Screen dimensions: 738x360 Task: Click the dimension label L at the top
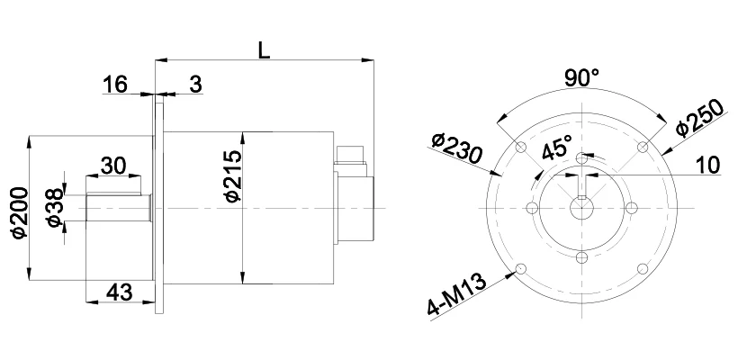[264, 49]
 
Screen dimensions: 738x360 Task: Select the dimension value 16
[115, 85]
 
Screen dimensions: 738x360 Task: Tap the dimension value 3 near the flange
[195, 85]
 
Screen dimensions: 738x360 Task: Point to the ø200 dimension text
[20, 212]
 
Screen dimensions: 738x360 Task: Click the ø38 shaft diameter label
[55, 208]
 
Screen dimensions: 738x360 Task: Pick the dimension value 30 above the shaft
[113, 166]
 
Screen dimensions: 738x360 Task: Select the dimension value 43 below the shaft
[119, 292]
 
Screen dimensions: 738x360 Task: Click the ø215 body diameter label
[233, 176]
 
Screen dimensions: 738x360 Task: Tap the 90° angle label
[581, 77]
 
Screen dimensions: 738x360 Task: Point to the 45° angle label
[557, 147]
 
